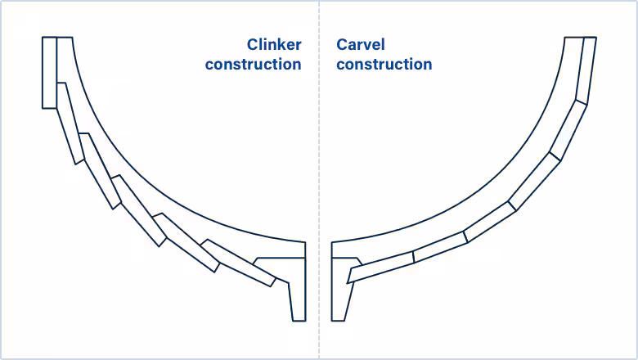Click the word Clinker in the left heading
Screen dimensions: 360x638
tap(274, 45)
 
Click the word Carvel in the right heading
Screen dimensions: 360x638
tap(360, 45)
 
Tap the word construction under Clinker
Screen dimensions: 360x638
tap(253, 64)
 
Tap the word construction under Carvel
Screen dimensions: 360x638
tap(384, 64)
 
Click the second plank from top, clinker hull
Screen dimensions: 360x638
tap(70, 123)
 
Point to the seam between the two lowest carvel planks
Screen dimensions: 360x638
tap(413, 256)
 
